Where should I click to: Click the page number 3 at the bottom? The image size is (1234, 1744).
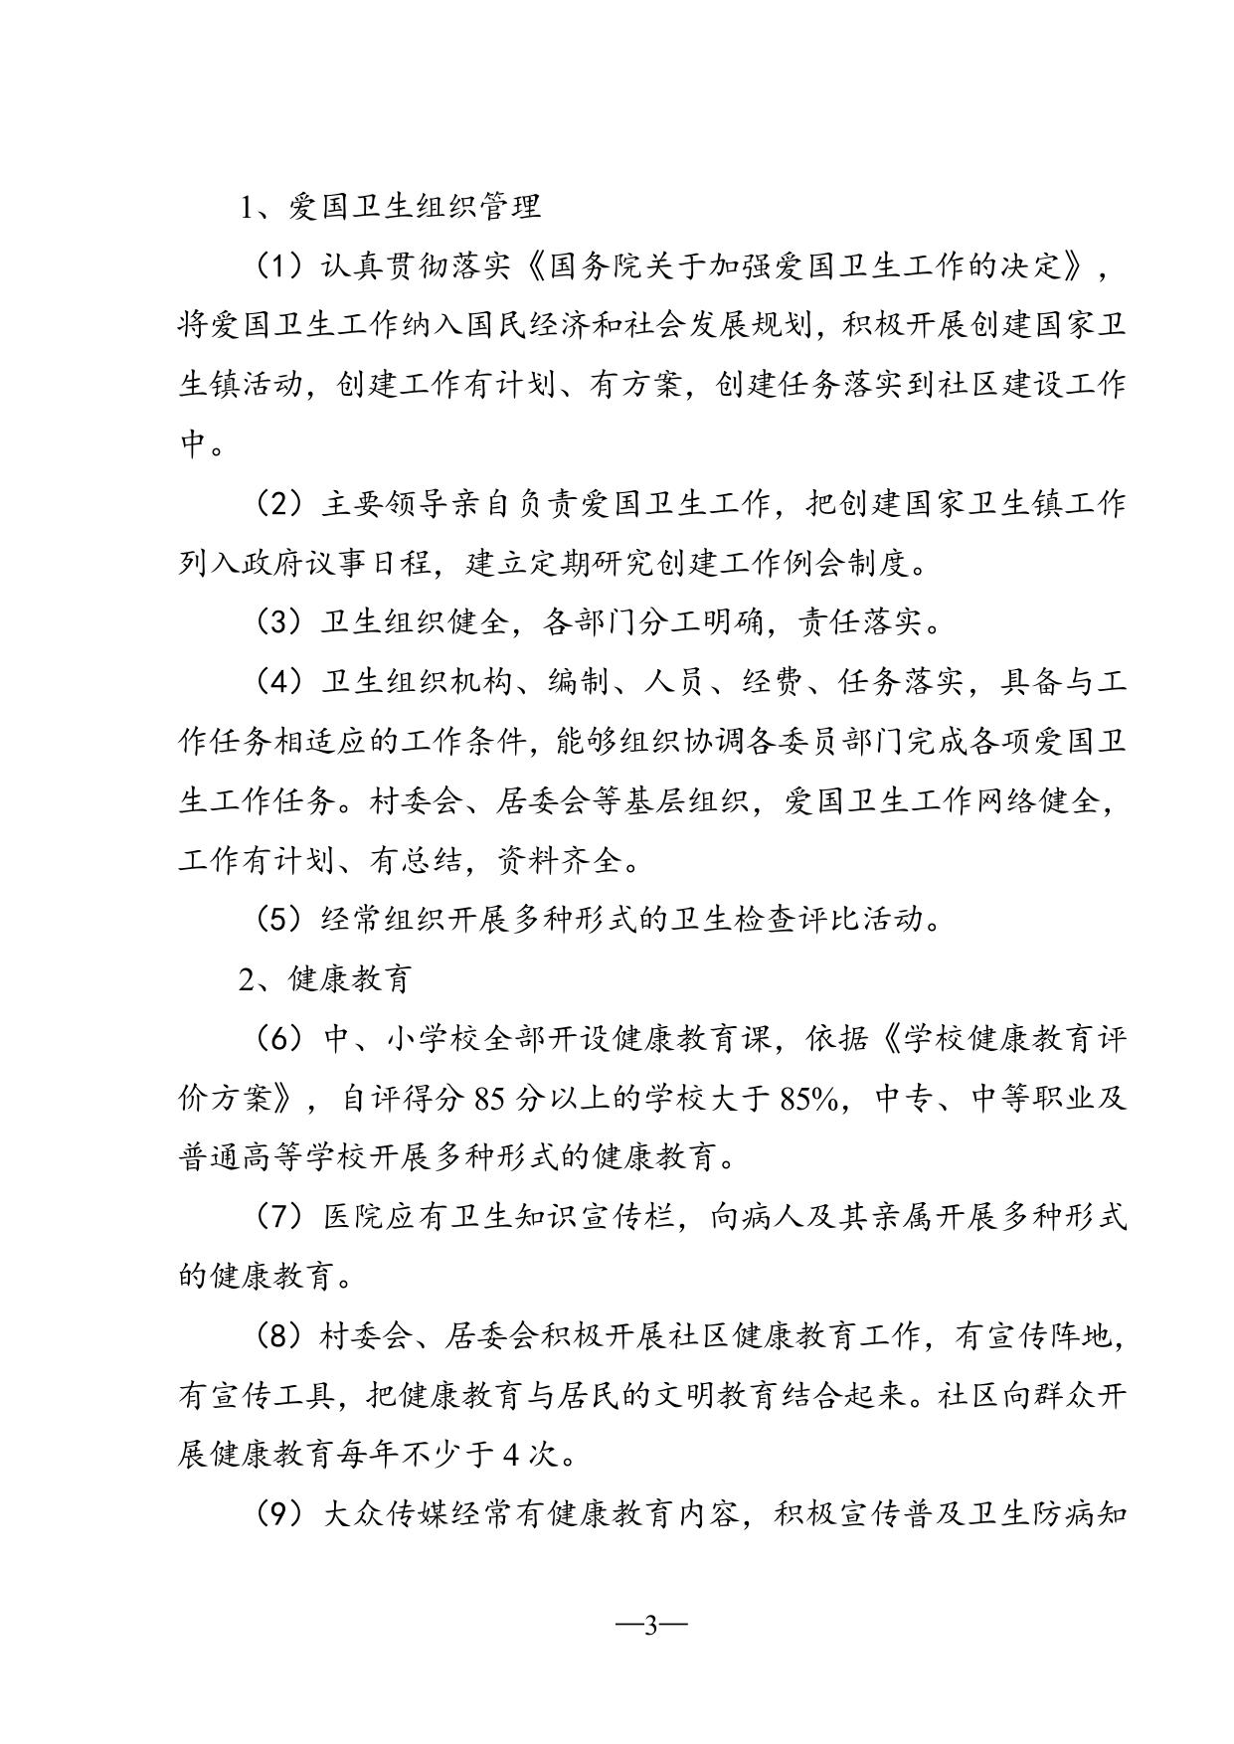652,1627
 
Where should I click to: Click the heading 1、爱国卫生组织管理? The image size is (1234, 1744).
390,207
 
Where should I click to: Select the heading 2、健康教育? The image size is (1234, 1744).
324,979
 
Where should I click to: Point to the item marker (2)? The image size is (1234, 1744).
279,504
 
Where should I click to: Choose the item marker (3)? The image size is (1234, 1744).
279,622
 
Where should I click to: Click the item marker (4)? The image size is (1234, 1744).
279,682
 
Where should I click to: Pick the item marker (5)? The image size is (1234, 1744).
279,920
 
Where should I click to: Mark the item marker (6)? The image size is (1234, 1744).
279,1039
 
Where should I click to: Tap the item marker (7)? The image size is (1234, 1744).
279,1216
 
